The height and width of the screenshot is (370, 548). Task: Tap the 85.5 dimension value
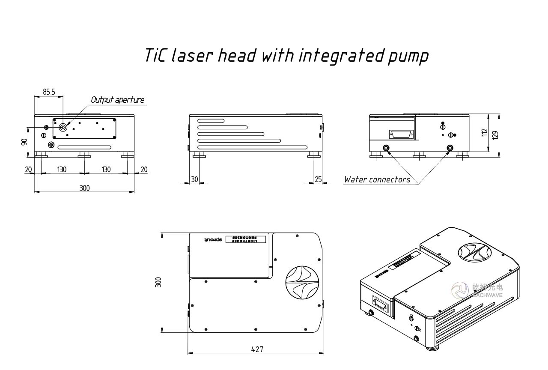click(x=49, y=92)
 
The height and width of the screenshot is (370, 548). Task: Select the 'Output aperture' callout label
click(x=117, y=100)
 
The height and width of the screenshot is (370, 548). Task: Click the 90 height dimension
click(x=24, y=142)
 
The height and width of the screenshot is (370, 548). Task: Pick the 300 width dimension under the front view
click(x=84, y=188)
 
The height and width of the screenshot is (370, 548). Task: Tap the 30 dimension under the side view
click(x=194, y=179)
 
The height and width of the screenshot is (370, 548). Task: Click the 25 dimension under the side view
click(x=318, y=179)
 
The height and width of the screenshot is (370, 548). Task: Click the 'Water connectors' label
click(x=377, y=179)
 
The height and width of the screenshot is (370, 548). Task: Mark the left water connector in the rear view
click(x=386, y=148)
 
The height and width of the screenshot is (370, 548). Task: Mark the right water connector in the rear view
click(x=450, y=148)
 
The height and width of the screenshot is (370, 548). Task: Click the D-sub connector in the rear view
click(x=401, y=134)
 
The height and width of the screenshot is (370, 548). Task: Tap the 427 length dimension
click(x=257, y=349)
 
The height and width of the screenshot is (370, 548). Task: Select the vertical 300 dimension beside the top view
click(x=158, y=283)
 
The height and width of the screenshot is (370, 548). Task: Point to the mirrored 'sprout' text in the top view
click(x=213, y=240)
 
